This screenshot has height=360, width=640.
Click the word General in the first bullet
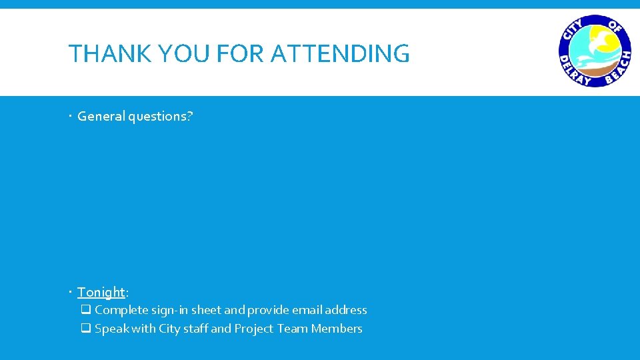coord(101,116)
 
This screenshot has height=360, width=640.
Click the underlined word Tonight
coord(101,292)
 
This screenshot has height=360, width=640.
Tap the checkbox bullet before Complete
coord(86,310)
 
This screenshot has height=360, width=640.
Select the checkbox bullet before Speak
coord(86,329)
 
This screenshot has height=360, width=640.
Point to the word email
coord(306,310)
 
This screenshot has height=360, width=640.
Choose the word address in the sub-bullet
coord(345,310)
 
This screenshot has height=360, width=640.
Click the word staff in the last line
coord(195,329)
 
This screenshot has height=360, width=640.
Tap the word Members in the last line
coord(337,329)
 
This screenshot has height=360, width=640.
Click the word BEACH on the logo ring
coord(618,69)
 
